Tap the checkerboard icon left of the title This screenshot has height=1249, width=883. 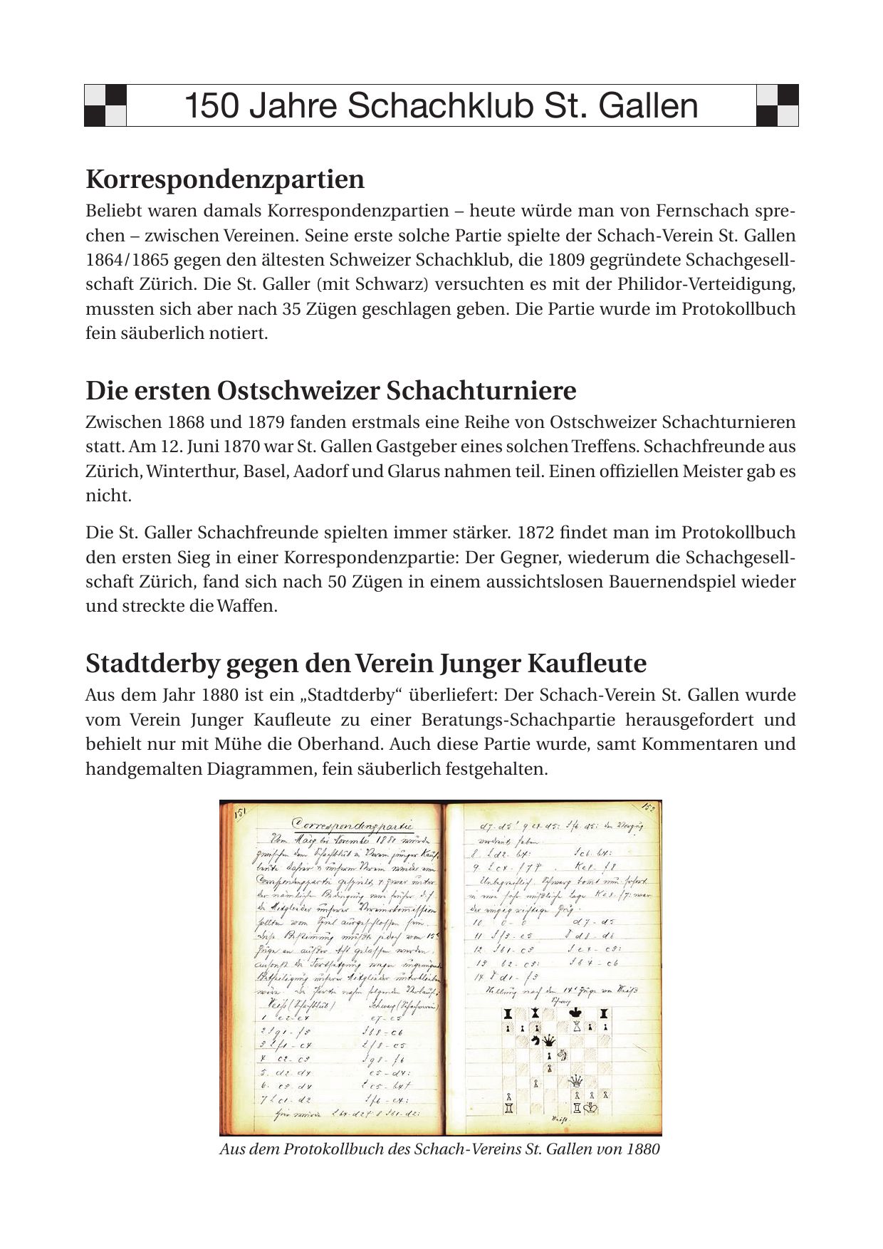coord(105,105)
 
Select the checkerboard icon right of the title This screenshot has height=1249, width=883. coord(777,105)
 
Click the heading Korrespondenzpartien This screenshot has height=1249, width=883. coord(225,179)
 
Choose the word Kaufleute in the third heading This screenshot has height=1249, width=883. coord(586,664)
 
